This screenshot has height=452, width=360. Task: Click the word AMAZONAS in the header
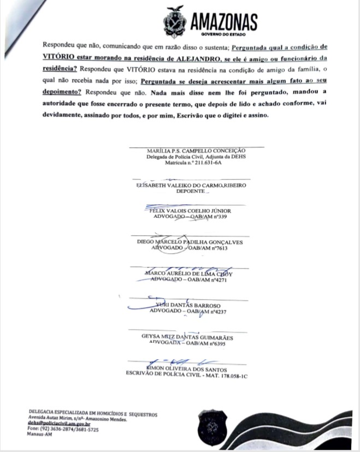click(224, 21)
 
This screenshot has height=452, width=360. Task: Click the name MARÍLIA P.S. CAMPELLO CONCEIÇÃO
click(196, 150)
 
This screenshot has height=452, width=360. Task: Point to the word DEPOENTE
click(191, 192)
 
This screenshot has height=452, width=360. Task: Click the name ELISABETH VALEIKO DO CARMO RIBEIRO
click(191, 185)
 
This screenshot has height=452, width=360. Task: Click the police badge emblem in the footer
click(211, 426)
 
